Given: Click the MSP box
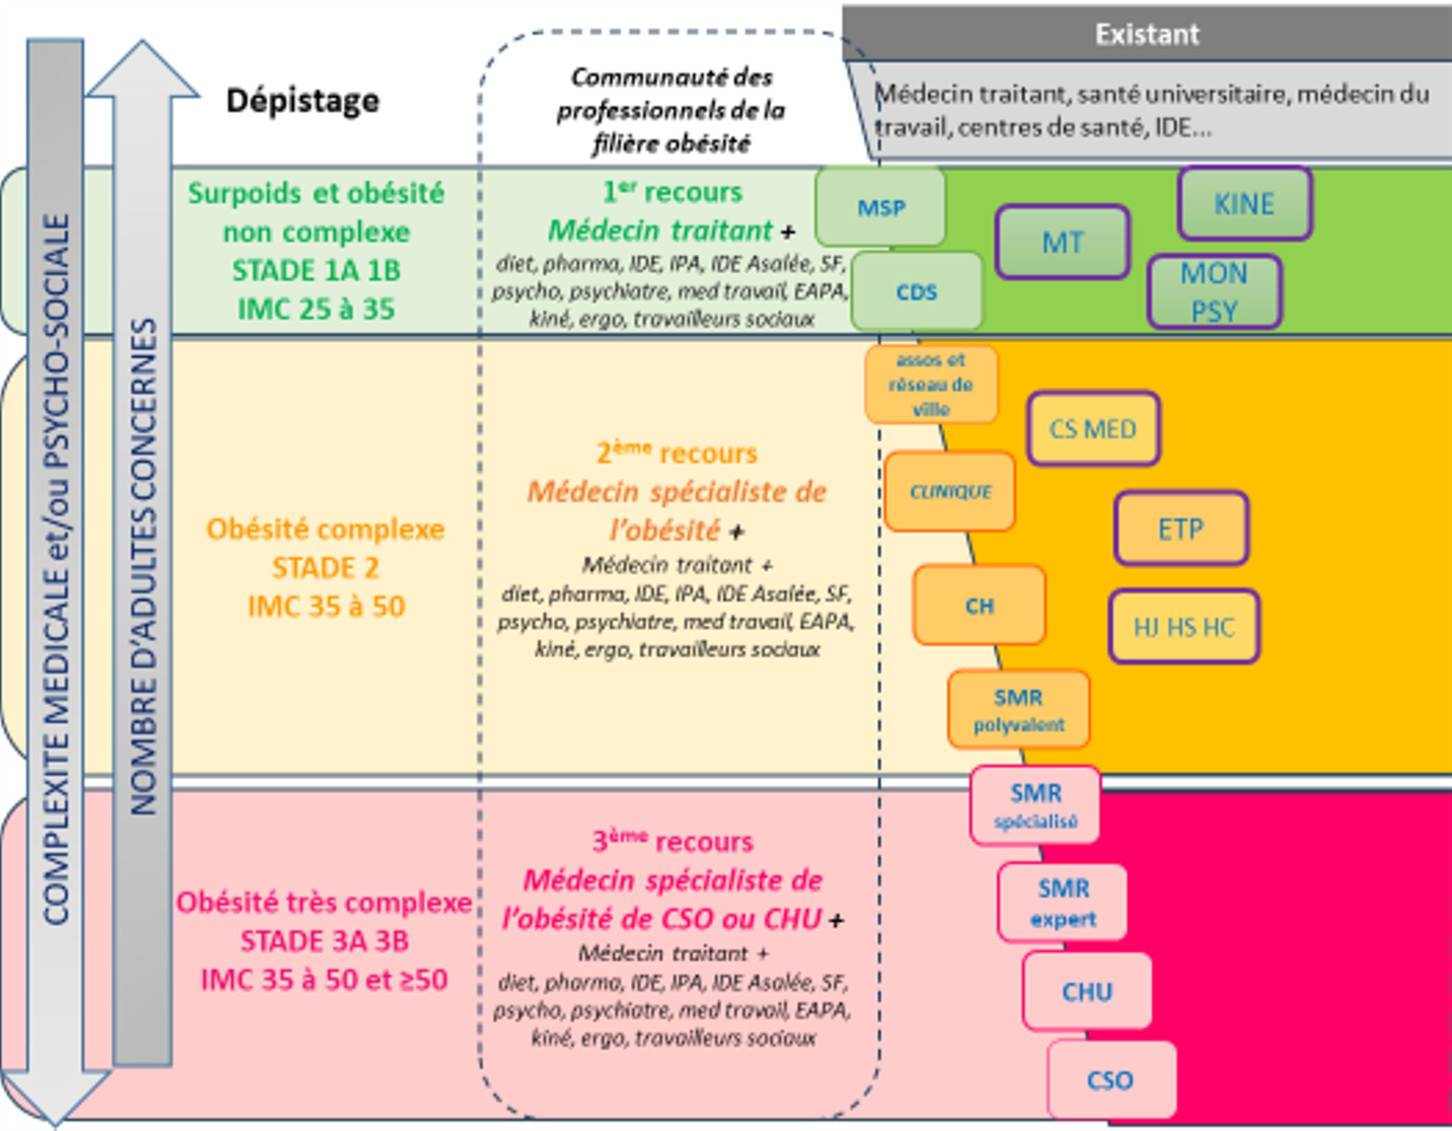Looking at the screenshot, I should tap(881, 207).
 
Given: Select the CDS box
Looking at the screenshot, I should tap(917, 291).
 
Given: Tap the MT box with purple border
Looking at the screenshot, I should tap(1062, 242).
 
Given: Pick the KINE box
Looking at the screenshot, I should tap(1244, 203).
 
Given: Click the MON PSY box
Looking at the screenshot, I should tap(1214, 292).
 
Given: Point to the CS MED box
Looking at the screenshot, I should tap(1093, 428).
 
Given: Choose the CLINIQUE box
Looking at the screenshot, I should tap(950, 491).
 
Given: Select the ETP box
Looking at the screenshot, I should tap(1181, 528).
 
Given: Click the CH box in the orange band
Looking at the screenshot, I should tap(979, 605).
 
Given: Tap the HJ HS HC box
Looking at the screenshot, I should tap(1183, 626).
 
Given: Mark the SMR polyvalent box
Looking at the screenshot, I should tap(1019, 709).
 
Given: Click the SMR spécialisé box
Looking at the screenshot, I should tap(1035, 805).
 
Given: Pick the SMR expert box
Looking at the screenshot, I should tap(1063, 902).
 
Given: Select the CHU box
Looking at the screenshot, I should tap(1087, 991).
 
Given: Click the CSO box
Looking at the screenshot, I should tap(1110, 1079).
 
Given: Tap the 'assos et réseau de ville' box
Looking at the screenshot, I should tap(931, 384).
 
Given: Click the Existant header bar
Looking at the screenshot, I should tap(1146, 34).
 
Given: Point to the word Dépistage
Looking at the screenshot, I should tap(303, 100).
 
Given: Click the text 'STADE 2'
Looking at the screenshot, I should tap(325, 568).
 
